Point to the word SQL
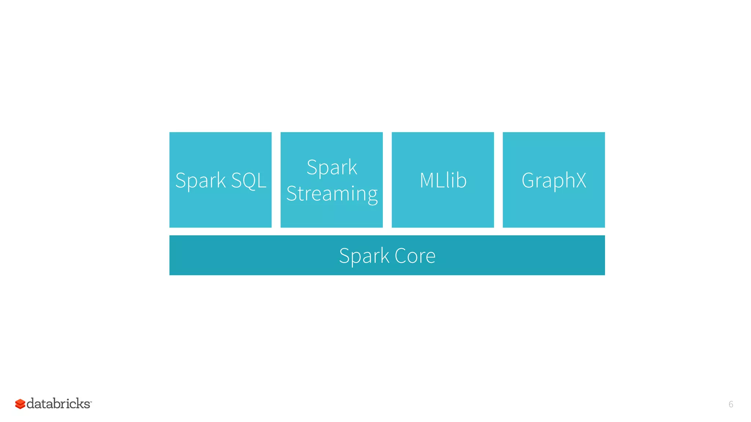click(x=249, y=180)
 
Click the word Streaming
click(x=331, y=193)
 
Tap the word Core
click(x=415, y=256)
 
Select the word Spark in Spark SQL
click(x=200, y=180)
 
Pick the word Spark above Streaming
click(x=331, y=167)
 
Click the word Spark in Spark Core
click(x=364, y=256)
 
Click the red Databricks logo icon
click(x=20, y=404)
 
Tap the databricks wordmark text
click(x=59, y=404)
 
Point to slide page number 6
click(x=730, y=404)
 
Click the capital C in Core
click(x=400, y=256)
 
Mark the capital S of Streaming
click(x=291, y=193)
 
